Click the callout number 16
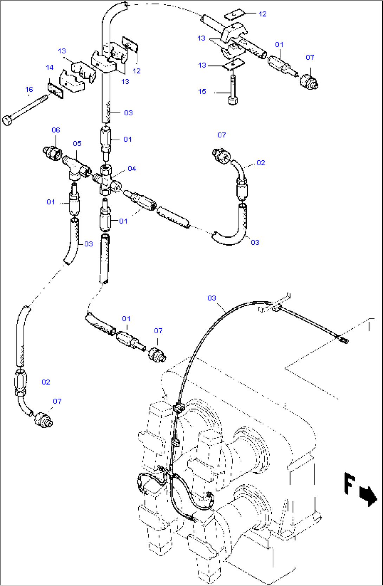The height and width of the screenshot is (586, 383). (x=29, y=89)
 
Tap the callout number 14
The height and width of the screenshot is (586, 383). (x=50, y=67)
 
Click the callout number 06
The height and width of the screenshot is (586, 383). (x=56, y=130)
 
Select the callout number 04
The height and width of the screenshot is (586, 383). (x=132, y=168)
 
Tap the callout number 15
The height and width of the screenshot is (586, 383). (x=202, y=91)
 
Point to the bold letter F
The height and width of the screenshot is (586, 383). (x=349, y=483)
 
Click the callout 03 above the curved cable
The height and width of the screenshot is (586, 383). (x=212, y=298)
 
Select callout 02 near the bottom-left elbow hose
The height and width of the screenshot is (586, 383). (x=46, y=382)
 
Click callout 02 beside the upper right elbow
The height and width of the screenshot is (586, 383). (x=261, y=162)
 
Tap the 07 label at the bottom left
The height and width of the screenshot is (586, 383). (x=57, y=401)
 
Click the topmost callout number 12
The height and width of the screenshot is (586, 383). (x=262, y=14)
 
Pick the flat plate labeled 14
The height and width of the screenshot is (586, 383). (x=56, y=91)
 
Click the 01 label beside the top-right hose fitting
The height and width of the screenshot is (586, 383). (x=279, y=44)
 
